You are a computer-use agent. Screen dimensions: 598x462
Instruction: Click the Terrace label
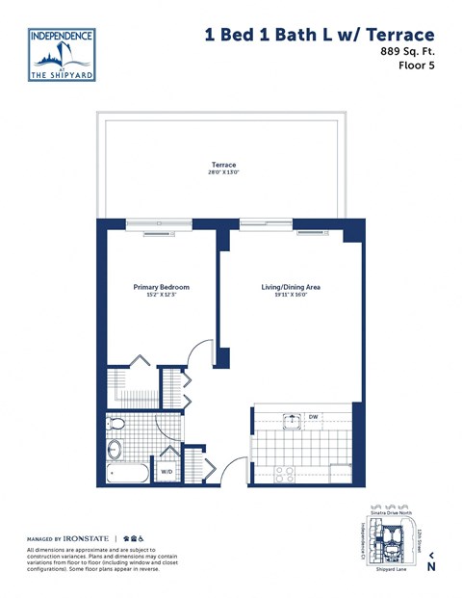223,165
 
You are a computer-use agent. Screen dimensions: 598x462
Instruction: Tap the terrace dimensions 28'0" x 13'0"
223,173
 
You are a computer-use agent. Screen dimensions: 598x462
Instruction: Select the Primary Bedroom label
161,287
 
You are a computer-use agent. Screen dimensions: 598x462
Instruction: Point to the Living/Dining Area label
291,287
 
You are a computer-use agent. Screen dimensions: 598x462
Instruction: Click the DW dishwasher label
314,418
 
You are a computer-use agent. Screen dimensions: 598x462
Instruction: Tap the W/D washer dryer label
166,472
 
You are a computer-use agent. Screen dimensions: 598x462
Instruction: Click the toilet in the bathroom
117,424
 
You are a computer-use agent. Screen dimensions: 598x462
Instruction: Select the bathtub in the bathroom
126,473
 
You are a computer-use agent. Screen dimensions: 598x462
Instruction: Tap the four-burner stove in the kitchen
285,473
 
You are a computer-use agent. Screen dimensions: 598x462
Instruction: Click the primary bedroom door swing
199,352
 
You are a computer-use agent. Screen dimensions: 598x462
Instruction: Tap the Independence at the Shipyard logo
63,55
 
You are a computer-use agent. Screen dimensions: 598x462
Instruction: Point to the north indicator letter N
431,567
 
